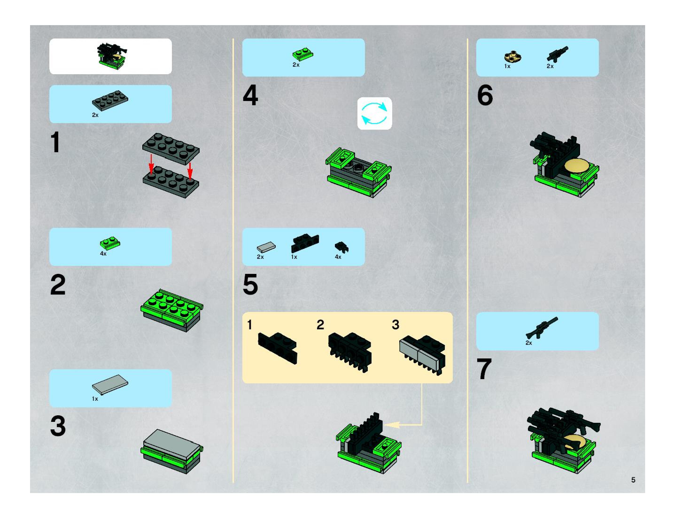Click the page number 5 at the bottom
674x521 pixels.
pyautogui.click(x=633, y=480)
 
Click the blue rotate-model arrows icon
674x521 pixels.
pyautogui.click(x=374, y=113)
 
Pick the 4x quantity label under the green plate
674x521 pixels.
pyautogui.click(x=103, y=254)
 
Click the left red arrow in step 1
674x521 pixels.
pyautogui.click(x=151, y=164)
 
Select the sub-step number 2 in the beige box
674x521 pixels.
pyautogui.click(x=320, y=325)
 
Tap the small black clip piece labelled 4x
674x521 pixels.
pyautogui.click(x=341, y=247)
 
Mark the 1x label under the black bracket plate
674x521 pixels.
pyautogui.click(x=294, y=257)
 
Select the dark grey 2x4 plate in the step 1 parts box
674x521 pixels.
pyautogui.click(x=110, y=101)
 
